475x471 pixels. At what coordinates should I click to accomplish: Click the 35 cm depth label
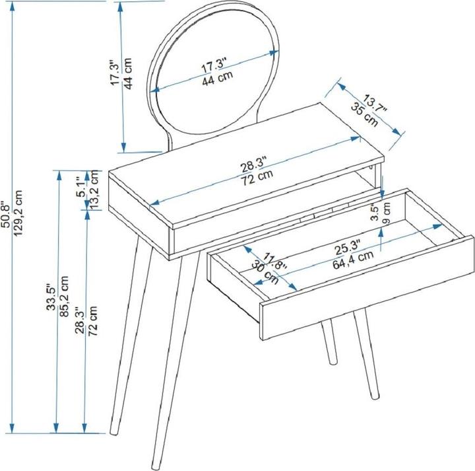364,114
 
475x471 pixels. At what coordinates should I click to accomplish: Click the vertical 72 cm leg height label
93,320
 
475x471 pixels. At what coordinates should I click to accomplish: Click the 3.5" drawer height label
375,213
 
